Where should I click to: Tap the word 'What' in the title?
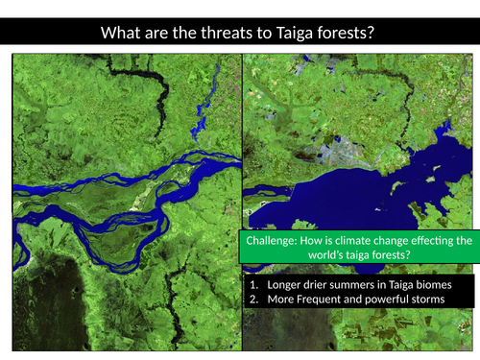pyautogui.click(x=123, y=34)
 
